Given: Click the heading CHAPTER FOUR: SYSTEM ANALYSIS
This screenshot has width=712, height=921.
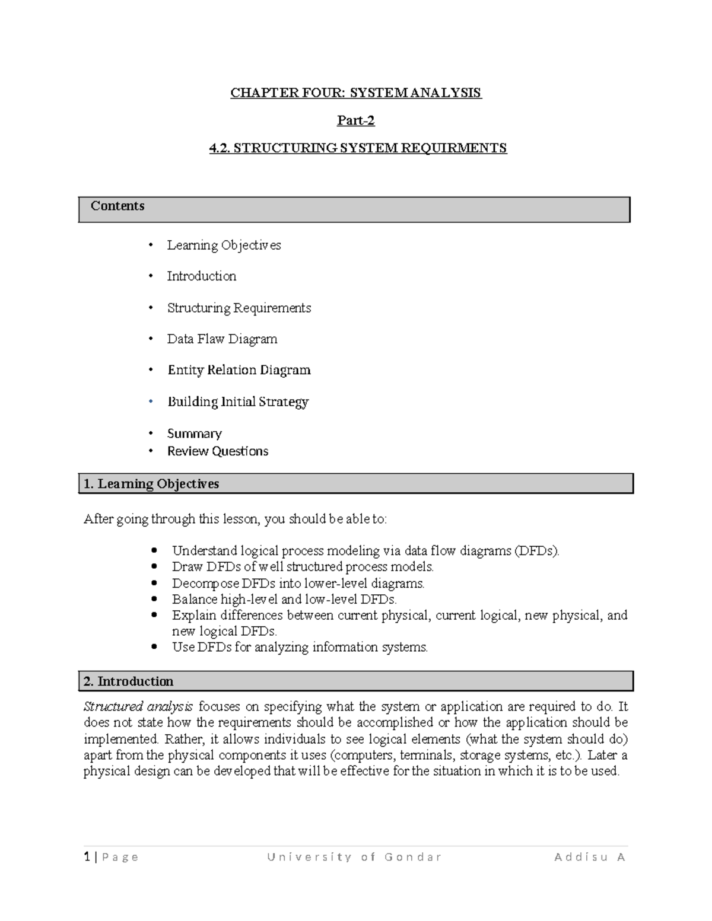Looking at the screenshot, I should [356, 93].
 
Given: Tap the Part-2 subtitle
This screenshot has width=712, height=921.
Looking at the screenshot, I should [356, 121].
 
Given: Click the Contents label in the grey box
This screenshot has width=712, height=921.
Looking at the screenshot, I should [117, 206].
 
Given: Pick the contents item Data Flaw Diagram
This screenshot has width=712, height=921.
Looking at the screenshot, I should [222, 339].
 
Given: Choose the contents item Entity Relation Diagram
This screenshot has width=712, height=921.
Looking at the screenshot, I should [239, 370].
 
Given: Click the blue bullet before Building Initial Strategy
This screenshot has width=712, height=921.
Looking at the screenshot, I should [151, 401].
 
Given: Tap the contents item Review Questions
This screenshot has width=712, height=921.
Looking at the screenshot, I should [217, 451].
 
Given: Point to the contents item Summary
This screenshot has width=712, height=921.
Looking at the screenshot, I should [194, 434].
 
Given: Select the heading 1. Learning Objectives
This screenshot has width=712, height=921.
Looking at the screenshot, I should [151, 484].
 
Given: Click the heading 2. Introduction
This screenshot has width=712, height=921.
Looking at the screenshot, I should [129, 681].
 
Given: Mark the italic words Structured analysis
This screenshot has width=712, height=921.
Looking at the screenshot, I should [138, 706].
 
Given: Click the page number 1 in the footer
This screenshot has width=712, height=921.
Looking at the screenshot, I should [87, 857].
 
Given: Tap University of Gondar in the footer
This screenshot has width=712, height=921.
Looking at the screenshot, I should [354, 857].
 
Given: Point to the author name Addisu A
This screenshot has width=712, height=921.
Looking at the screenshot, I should [590, 857].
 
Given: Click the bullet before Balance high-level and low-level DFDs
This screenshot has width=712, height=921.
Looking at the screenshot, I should [155, 599].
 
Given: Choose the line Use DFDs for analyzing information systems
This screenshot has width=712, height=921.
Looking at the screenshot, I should [300, 647].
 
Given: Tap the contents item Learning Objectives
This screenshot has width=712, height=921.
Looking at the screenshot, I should [224, 246].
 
